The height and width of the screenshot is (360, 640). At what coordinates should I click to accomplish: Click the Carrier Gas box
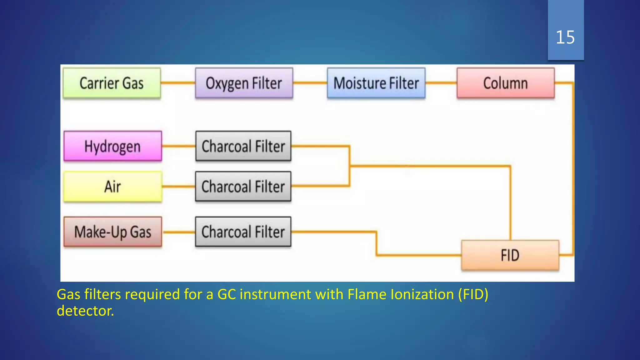point(112,83)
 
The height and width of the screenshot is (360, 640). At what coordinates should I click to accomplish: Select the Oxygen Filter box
point(244,83)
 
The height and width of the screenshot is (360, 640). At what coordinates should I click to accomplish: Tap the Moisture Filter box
point(376,83)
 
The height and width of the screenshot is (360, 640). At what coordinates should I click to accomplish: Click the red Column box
point(505,83)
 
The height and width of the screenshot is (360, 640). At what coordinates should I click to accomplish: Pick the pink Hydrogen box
point(112,146)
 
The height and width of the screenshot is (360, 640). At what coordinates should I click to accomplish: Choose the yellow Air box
point(112,187)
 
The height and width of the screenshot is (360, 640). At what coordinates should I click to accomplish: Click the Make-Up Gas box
point(112,232)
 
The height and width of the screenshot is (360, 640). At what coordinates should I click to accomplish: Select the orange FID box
point(510,255)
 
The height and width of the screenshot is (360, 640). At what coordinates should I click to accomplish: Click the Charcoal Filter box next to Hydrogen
point(243,146)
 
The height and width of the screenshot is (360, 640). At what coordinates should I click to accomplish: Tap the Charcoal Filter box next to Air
point(243,187)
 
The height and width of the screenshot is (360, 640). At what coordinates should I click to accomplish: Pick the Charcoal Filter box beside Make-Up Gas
point(243,232)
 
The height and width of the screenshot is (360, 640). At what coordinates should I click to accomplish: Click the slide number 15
point(565,37)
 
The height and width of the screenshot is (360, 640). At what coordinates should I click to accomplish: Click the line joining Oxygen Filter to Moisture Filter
point(310,83)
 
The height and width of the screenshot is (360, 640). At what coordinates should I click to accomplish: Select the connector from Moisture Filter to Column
point(441,83)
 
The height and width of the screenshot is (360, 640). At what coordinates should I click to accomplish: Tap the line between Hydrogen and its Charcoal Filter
point(179,146)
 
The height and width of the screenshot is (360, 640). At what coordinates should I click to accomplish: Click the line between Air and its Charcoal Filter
point(179,187)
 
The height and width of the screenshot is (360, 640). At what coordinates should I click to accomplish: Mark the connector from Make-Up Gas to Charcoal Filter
point(179,232)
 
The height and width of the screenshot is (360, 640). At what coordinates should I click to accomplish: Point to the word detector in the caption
point(85,311)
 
